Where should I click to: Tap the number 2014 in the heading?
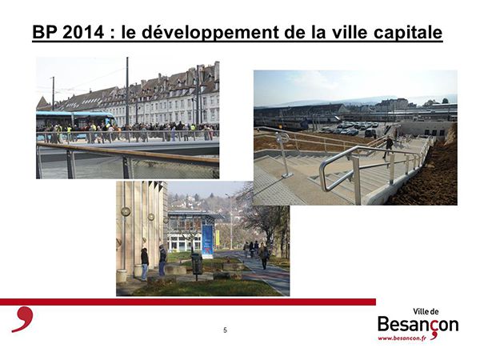(83, 32)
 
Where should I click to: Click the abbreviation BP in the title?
(45, 32)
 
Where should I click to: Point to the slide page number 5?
(226, 330)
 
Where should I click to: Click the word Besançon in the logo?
(418, 325)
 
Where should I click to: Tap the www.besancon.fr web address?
(402, 338)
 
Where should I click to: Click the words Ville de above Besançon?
(426, 312)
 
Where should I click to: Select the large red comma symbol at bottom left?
(23, 318)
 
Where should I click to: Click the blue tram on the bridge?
(76, 120)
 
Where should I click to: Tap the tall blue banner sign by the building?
(207, 242)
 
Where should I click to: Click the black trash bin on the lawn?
(197, 264)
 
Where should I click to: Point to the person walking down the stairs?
(388, 147)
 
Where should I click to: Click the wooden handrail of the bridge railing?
(128, 154)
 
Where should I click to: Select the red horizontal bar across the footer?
(188, 302)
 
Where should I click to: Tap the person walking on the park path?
(263, 256)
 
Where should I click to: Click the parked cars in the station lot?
(355, 129)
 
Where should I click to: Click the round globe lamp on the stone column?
(126, 211)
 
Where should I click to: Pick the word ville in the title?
(348, 32)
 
